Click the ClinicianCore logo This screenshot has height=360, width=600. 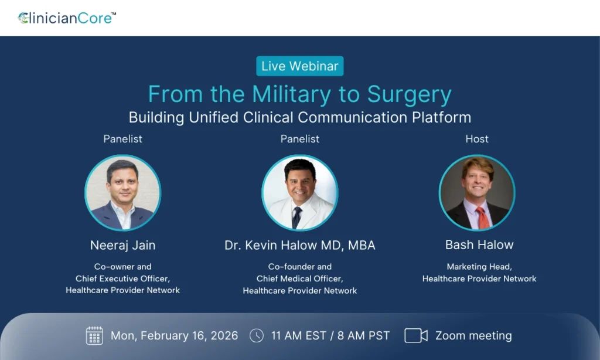pyautogui.click(x=67, y=18)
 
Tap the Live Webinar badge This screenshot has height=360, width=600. pyautogui.click(x=300, y=66)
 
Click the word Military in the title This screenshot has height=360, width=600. pyautogui.click(x=291, y=94)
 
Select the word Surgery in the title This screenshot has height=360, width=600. pyautogui.click(x=410, y=95)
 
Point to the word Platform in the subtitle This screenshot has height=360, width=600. pyautogui.click(x=441, y=117)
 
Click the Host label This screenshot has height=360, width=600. pyautogui.click(x=477, y=138)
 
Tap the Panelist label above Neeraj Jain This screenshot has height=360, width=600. pyautogui.click(x=122, y=138)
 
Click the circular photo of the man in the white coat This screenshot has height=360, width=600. pyautogui.click(x=300, y=193)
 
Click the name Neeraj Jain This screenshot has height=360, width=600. pyautogui.click(x=122, y=245)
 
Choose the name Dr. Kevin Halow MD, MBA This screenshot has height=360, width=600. pyautogui.click(x=300, y=245)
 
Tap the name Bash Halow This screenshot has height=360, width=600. pyautogui.click(x=479, y=244)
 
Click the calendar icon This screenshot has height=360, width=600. pyautogui.click(x=94, y=335)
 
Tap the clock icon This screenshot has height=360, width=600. pyautogui.click(x=257, y=335)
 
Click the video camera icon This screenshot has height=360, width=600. pyautogui.click(x=416, y=335)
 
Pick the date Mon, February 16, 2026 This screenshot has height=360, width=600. pyautogui.click(x=174, y=336)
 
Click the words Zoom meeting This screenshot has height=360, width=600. pyautogui.click(x=473, y=336)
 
